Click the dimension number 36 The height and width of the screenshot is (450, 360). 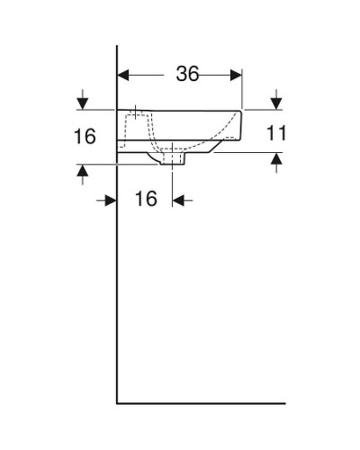(x=186, y=75)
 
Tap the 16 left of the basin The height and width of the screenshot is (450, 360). (x=85, y=138)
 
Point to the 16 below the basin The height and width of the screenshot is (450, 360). (x=146, y=200)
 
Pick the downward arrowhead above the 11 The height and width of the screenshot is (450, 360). (x=276, y=102)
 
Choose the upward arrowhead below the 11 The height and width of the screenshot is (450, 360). (x=276, y=160)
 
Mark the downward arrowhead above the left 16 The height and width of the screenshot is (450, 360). (x=84, y=102)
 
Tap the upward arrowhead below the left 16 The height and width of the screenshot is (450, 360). (x=84, y=170)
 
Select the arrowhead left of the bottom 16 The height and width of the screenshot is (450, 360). (x=111, y=200)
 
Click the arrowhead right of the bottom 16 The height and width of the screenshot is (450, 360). (x=178, y=200)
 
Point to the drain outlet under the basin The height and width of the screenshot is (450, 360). (x=174, y=158)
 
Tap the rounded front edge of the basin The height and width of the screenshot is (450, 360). (x=240, y=126)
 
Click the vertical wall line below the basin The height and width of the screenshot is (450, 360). (x=118, y=288)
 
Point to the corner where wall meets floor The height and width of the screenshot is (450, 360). (x=118, y=401)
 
